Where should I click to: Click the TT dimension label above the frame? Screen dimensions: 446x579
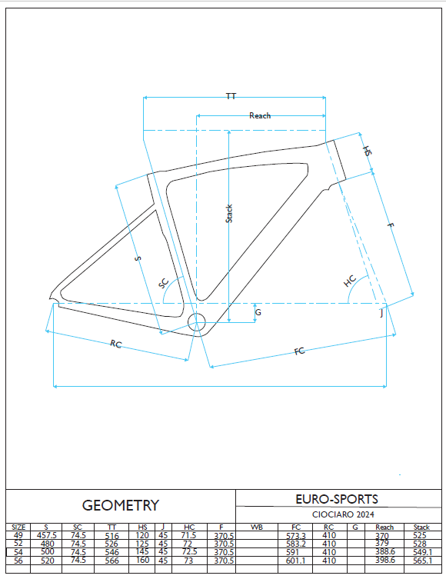point(231,96)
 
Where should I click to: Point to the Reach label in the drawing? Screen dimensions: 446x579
point(260,115)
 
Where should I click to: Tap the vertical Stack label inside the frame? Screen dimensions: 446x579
point(229,214)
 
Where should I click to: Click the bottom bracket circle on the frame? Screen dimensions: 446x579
point(196,322)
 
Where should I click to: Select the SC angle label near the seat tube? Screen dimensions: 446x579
point(164,284)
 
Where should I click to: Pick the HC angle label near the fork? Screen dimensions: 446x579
point(350,281)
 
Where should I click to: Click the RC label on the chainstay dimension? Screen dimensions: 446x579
point(115,344)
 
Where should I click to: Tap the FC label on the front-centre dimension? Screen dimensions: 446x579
point(299,351)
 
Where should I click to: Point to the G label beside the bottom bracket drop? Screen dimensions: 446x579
point(258,312)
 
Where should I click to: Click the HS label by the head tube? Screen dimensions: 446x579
point(368,151)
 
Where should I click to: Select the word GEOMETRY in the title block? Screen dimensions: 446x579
point(121,505)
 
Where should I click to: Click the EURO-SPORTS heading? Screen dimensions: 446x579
point(337,499)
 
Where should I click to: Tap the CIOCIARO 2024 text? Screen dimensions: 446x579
point(343,514)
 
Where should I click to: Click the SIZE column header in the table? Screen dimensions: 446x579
point(18,527)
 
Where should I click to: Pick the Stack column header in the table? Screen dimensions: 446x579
point(421,527)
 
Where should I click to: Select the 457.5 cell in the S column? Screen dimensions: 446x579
point(46,535)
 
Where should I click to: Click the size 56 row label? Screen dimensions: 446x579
point(18,561)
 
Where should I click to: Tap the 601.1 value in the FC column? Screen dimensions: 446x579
point(295,561)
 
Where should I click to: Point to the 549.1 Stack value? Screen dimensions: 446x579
point(422,552)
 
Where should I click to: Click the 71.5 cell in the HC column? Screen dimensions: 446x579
point(188,535)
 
